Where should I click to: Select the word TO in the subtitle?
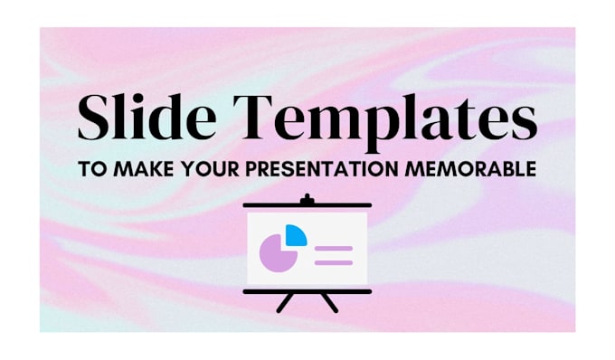click(90, 168)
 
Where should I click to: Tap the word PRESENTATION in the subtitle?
click(317, 168)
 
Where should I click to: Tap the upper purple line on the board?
click(334, 247)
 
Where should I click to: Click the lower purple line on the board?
click(334, 261)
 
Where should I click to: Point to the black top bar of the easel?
click(307, 206)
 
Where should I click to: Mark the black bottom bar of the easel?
click(307, 291)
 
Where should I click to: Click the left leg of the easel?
click(285, 303)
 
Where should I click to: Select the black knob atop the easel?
click(307, 197)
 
